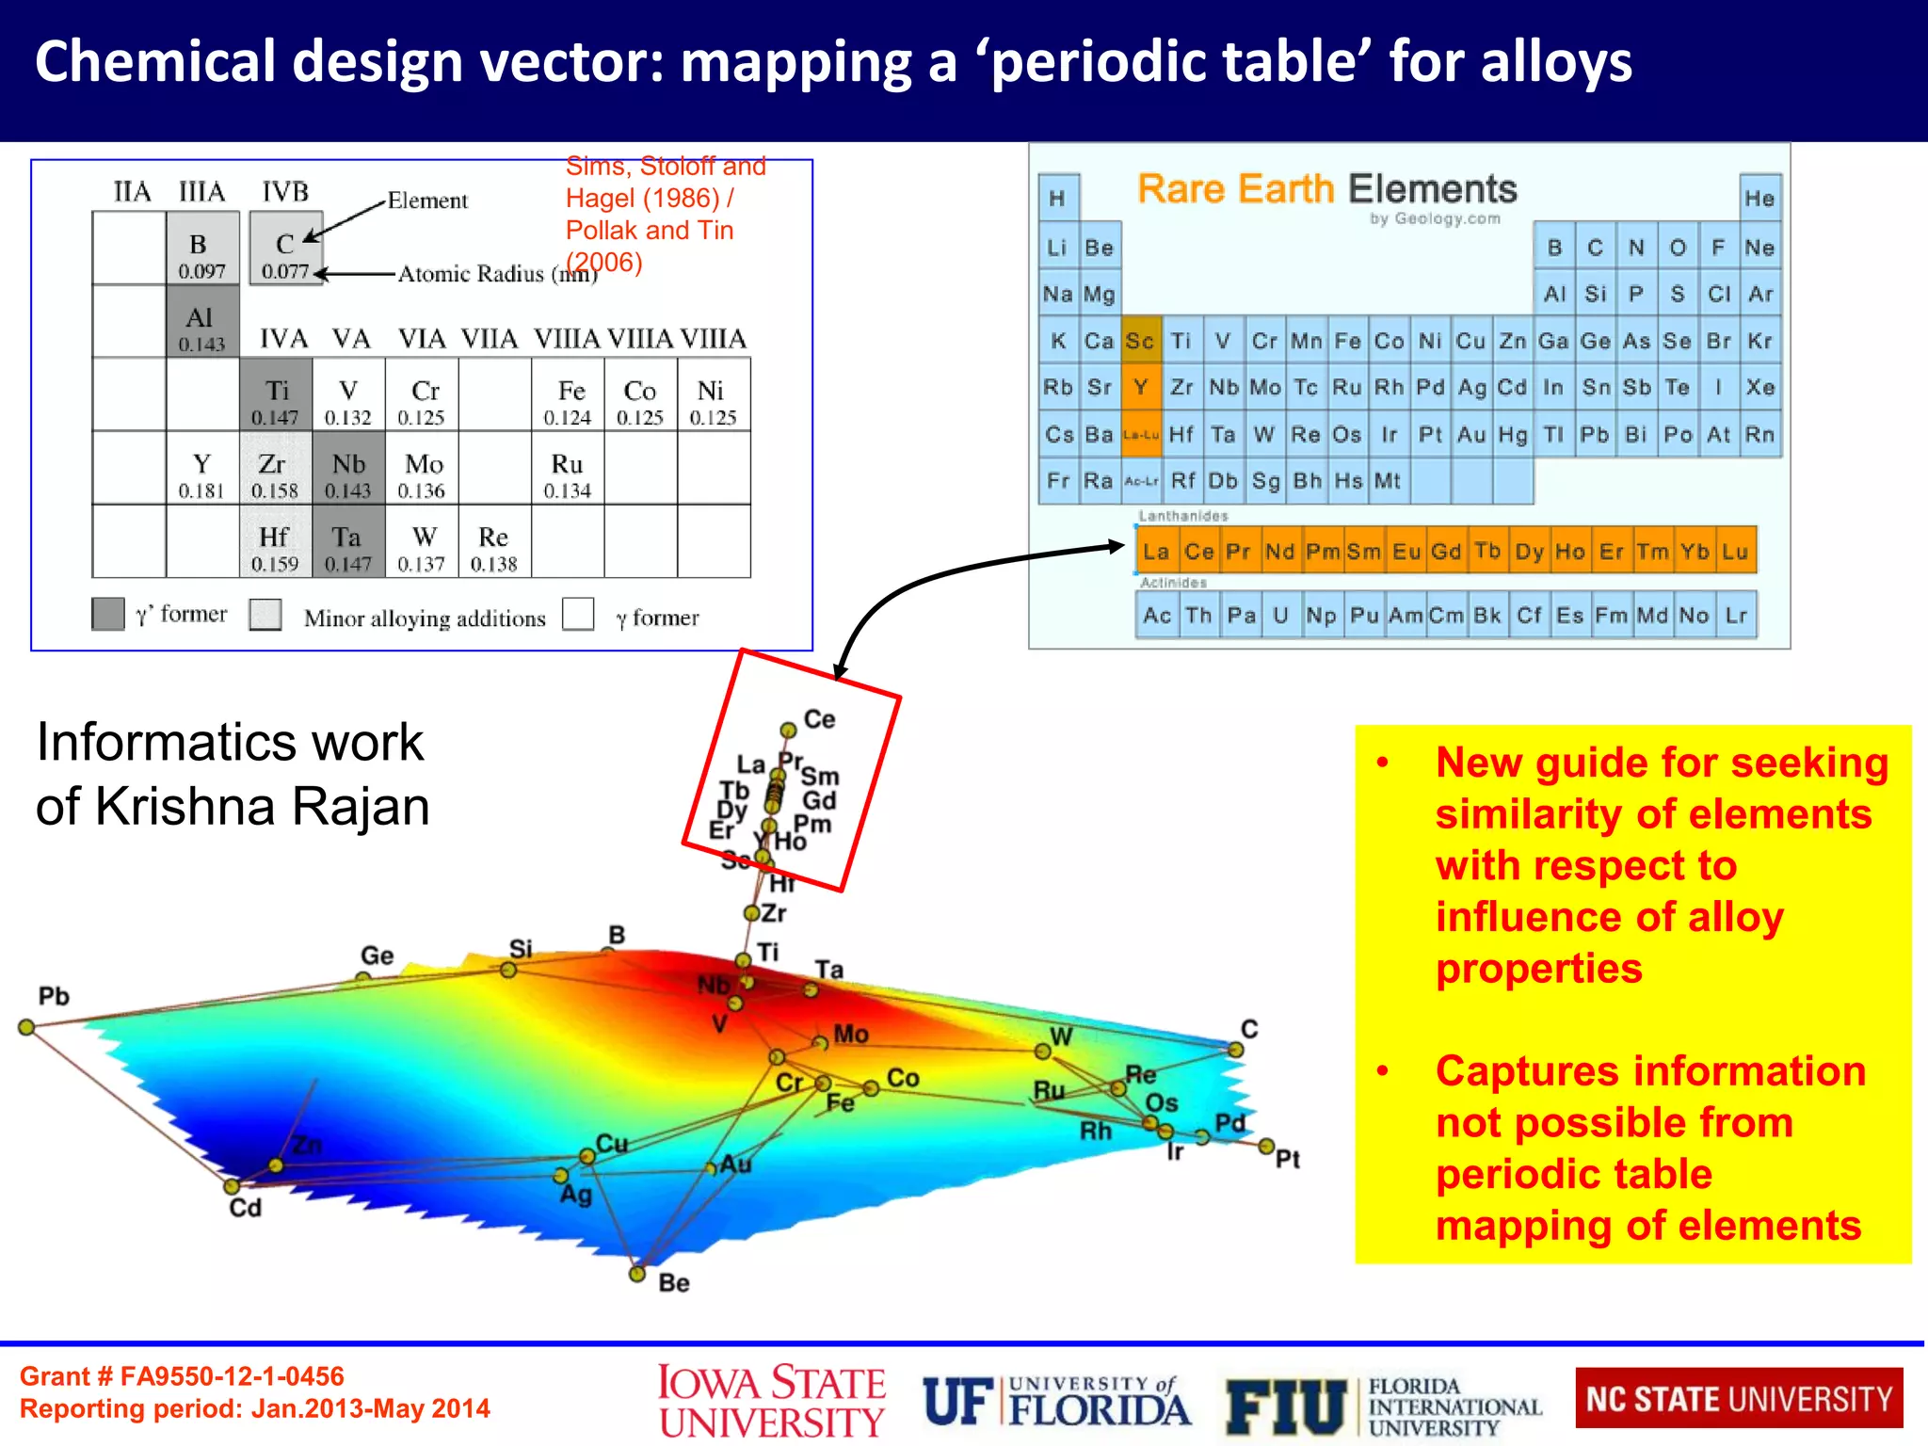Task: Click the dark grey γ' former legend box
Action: (108, 614)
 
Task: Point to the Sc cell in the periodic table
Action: (1140, 341)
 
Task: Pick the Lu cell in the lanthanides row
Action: (1735, 552)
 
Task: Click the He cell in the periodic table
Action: (1759, 199)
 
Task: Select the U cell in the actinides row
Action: (1280, 616)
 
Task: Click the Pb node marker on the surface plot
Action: (26, 1027)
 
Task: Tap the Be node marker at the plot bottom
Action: (637, 1274)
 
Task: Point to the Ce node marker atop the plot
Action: (788, 730)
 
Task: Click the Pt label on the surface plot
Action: (1288, 1159)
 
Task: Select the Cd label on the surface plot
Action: (246, 1207)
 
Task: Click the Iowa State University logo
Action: (771, 1402)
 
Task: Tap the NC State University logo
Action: (1739, 1399)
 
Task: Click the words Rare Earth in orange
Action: (1235, 189)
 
